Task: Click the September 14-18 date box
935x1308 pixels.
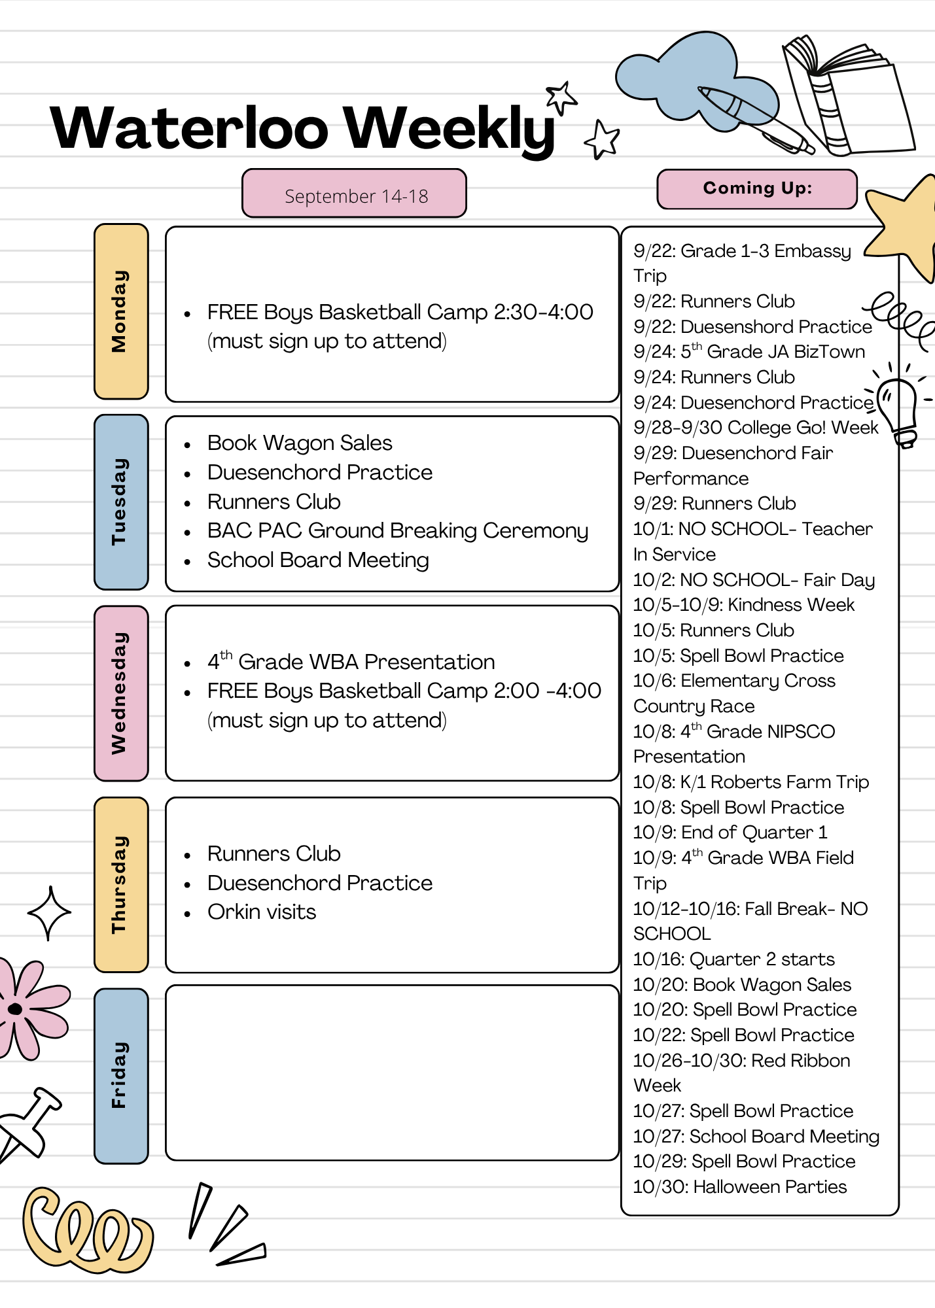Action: (354, 194)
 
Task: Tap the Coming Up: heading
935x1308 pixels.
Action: (757, 189)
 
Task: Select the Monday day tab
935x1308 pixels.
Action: (121, 311)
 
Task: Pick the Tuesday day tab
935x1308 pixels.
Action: (121, 502)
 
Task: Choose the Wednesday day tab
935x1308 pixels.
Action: (121, 693)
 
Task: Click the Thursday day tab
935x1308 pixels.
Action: (121, 885)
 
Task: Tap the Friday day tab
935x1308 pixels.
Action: (121, 1076)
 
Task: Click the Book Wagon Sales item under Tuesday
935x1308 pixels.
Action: (300, 443)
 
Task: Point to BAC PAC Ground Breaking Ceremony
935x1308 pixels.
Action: (398, 531)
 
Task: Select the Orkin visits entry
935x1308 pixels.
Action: (262, 912)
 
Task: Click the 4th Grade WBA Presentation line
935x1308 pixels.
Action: (351, 661)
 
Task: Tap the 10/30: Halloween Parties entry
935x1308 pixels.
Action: (740, 1186)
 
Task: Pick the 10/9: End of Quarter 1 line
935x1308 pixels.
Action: (730, 832)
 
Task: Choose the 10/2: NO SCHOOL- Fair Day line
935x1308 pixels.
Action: (754, 579)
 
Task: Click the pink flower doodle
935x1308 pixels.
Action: (29, 1008)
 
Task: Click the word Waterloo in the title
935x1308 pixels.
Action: (189, 128)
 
